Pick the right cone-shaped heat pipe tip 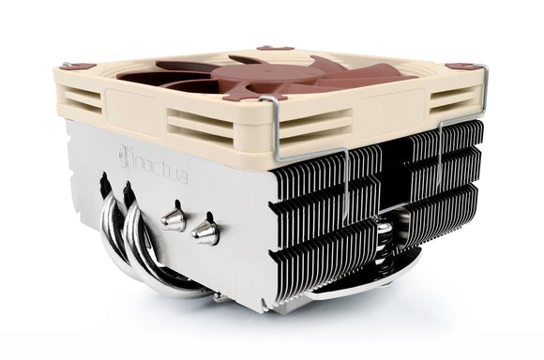204,232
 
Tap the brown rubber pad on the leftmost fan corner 71,66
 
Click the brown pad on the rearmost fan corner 275,47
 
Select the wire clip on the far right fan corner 478,94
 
